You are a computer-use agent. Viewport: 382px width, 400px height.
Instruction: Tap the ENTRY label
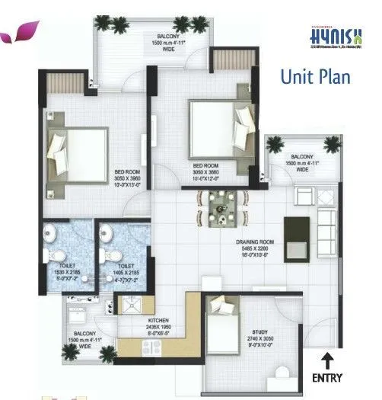tap(328, 376)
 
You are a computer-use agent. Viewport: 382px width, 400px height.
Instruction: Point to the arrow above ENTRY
tap(328, 357)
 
